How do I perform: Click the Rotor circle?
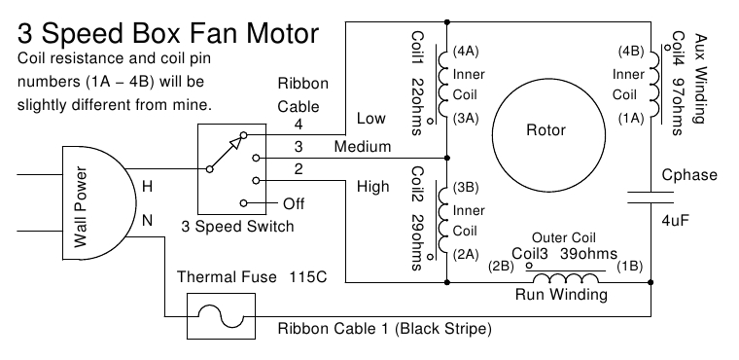point(545,129)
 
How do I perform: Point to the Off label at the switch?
point(293,203)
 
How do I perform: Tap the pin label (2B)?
point(501,265)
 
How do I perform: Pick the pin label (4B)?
point(629,51)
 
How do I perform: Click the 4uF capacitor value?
point(675,221)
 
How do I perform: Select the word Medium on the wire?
point(362,147)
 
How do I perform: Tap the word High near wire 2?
point(373,186)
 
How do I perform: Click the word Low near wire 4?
point(371,118)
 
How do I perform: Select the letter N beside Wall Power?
point(148,220)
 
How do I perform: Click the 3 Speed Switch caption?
point(237,227)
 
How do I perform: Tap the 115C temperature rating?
point(307,277)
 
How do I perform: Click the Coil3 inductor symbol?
point(571,279)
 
